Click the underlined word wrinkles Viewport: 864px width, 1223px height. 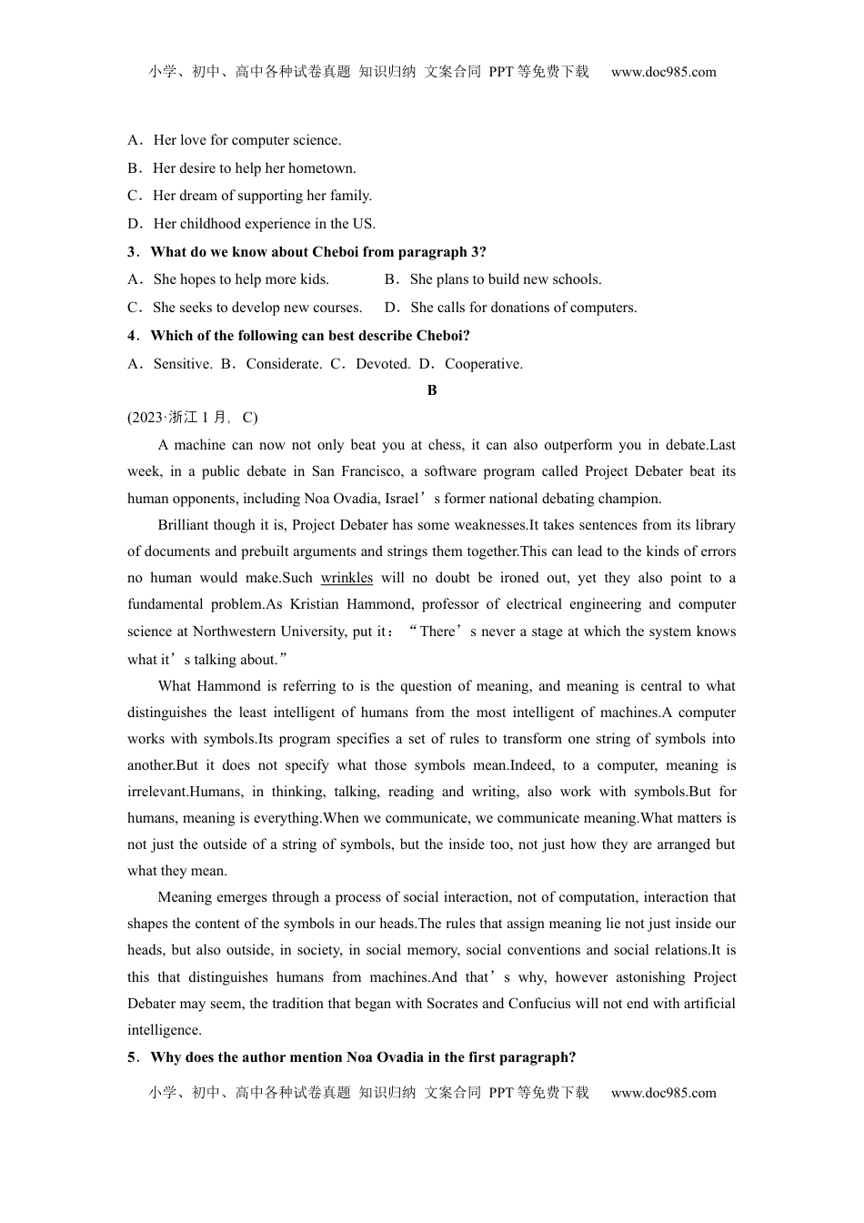[x=347, y=578]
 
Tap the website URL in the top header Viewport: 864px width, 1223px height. [x=663, y=72]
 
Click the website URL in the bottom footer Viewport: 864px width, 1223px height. [x=663, y=1093]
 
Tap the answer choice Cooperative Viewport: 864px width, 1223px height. [x=483, y=364]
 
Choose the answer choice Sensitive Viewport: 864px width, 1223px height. [x=182, y=364]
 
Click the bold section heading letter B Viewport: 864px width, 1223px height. [x=432, y=390]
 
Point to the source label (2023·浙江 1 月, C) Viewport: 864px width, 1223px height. [x=193, y=418]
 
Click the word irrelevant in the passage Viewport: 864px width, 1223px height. [x=157, y=792]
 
